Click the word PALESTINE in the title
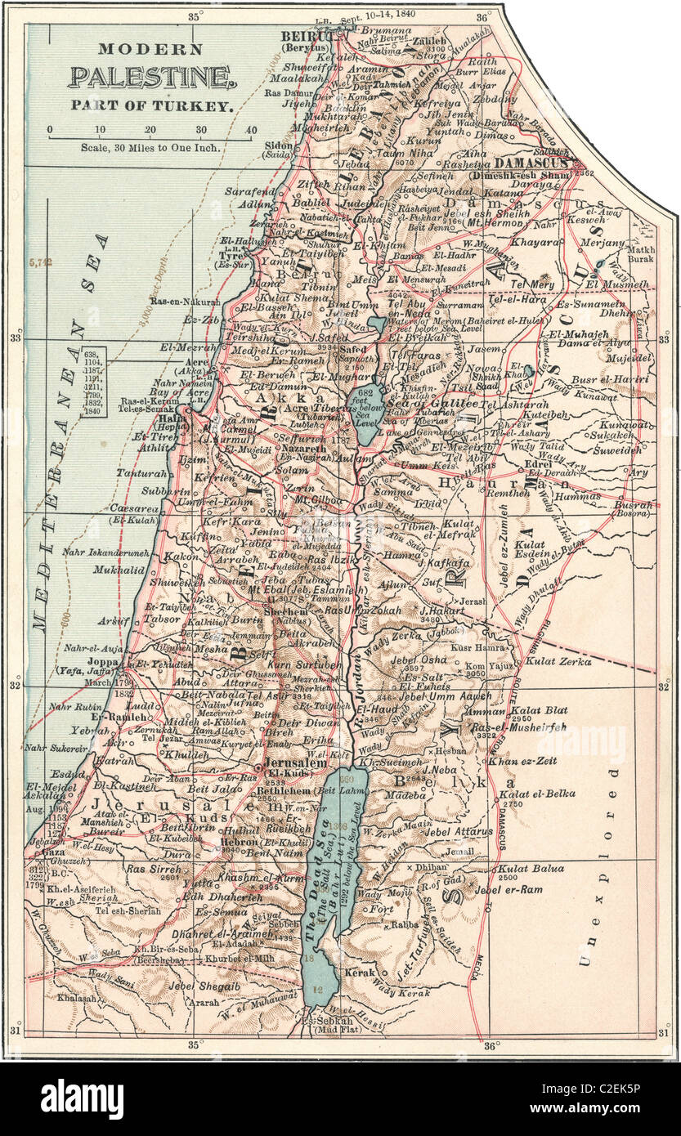(152, 78)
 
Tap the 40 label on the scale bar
(250, 130)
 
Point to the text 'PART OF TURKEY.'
(152, 105)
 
